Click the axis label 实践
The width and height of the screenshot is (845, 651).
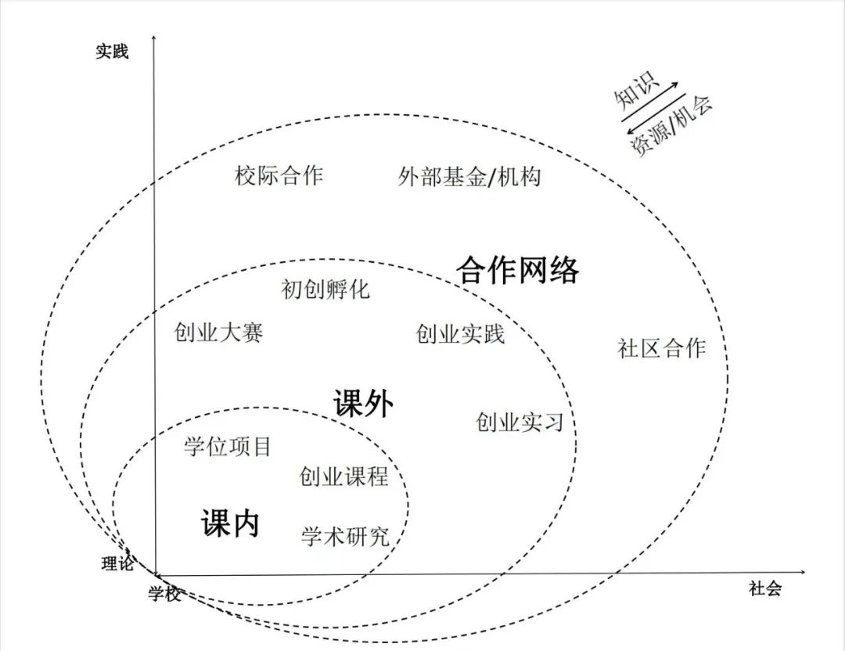(x=112, y=52)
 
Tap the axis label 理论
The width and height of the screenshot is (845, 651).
(x=117, y=563)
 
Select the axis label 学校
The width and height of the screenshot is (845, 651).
(x=165, y=595)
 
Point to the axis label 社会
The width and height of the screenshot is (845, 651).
(x=764, y=589)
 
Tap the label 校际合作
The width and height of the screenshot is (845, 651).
(x=279, y=175)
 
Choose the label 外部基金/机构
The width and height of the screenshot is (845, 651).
(x=469, y=177)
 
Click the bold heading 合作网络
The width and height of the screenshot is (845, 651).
(x=518, y=270)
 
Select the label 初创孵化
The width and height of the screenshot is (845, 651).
(x=325, y=290)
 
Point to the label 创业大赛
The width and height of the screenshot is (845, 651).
(x=219, y=333)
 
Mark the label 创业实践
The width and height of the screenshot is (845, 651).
(x=460, y=334)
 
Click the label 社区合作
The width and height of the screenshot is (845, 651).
(x=662, y=348)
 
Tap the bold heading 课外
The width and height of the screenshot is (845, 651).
(x=363, y=405)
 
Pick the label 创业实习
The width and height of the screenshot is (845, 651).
(x=520, y=423)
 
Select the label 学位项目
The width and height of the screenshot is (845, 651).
(x=228, y=447)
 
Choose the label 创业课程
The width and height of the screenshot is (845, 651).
(x=343, y=476)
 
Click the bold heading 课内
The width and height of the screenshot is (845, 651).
(x=230, y=523)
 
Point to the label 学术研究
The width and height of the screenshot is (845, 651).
(x=345, y=536)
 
